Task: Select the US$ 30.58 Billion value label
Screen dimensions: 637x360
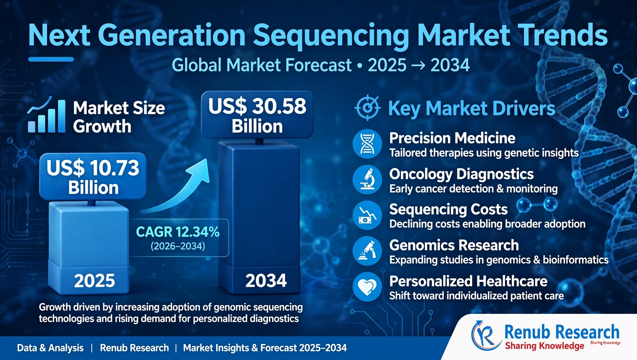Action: click(257, 115)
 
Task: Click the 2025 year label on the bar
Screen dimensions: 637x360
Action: click(95, 280)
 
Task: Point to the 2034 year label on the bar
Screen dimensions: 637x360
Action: click(266, 280)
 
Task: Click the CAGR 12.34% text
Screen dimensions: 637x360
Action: click(178, 232)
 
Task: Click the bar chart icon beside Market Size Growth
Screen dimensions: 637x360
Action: click(46, 115)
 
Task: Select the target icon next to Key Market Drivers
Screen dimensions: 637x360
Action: click(367, 107)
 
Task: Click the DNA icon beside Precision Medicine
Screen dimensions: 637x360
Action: click(367, 144)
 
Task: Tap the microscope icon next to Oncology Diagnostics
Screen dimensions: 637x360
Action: click(367, 180)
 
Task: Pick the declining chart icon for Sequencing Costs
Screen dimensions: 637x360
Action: click(367, 215)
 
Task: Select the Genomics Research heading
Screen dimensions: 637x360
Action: click(454, 245)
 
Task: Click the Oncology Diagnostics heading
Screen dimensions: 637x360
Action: click(461, 174)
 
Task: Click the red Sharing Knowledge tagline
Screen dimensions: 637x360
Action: click(545, 346)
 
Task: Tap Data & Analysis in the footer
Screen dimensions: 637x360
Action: click(50, 348)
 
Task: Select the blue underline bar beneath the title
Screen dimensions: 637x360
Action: click(51, 59)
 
